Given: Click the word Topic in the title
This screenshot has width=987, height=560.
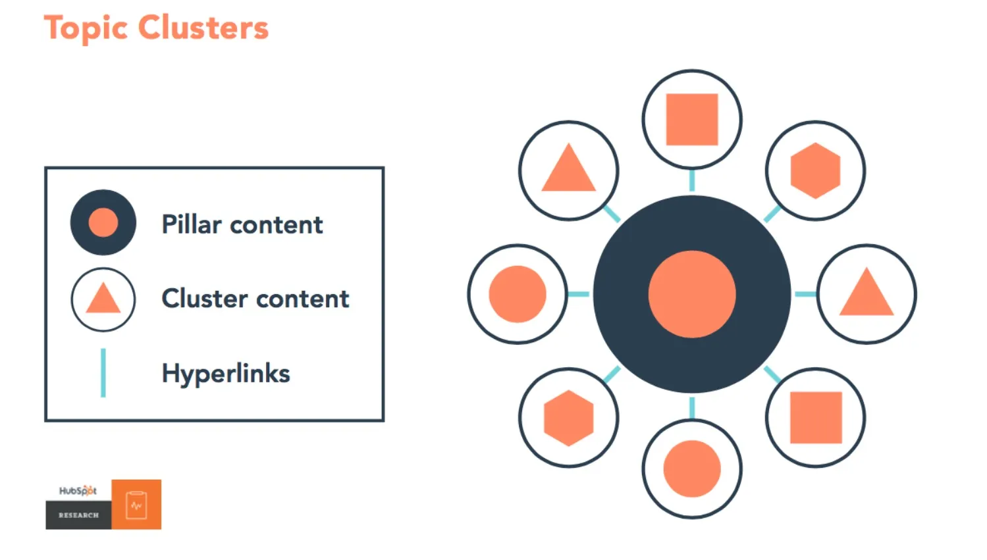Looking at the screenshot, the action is click(x=86, y=28).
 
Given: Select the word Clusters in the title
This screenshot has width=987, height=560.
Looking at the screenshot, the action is click(x=203, y=27).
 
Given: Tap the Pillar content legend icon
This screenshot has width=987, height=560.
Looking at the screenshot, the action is click(x=103, y=222).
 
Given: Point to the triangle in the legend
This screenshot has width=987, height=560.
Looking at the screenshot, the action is click(x=103, y=298).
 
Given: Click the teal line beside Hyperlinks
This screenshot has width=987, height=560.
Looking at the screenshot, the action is click(x=103, y=373).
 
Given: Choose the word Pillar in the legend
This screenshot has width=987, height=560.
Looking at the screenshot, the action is click(x=192, y=224).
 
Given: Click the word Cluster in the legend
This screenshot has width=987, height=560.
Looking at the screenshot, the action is click(x=205, y=299).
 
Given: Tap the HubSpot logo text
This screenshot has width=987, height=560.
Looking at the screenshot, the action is click(x=78, y=490).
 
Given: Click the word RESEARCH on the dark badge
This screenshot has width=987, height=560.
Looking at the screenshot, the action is click(x=79, y=515).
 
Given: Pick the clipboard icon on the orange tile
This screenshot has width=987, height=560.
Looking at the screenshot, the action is click(x=136, y=505).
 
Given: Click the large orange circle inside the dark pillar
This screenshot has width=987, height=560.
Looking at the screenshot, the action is click(x=692, y=294).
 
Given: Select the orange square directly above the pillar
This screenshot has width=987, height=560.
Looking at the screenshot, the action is click(x=692, y=119).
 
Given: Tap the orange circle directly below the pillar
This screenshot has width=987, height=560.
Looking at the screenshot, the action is click(x=692, y=469).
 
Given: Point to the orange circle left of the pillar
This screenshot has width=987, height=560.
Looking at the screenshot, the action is click(x=518, y=294).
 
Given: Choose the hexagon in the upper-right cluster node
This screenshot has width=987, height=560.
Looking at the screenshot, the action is click(x=816, y=170).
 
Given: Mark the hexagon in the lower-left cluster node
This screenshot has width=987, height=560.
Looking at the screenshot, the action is click(x=568, y=418).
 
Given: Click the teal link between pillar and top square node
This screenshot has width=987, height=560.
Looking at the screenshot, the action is click(x=692, y=180).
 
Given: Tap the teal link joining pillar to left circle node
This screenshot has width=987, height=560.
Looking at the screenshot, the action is click(x=578, y=294).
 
